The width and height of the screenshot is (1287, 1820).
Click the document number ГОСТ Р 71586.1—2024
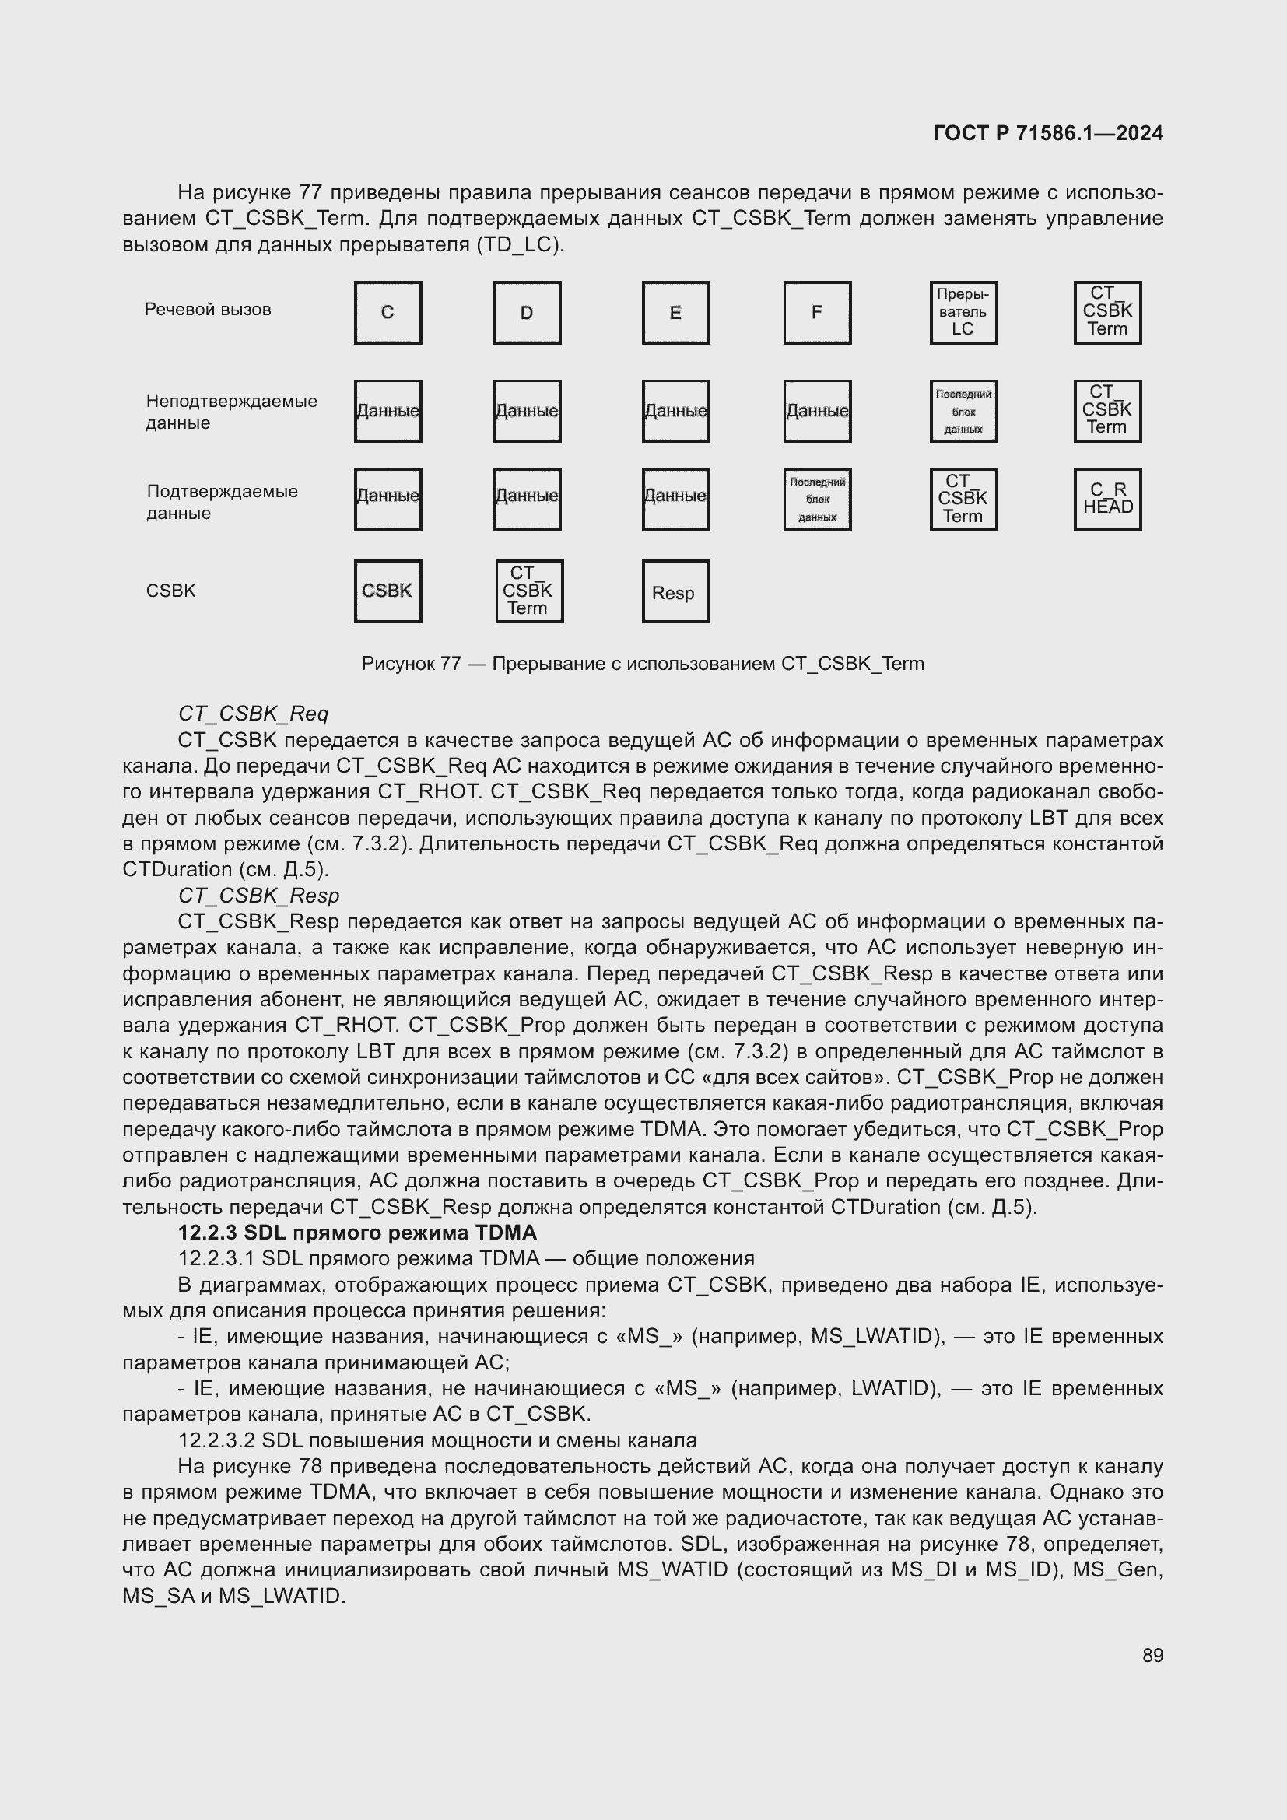(x=1047, y=133)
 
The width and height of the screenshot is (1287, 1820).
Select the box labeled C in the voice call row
(x=388, y=312)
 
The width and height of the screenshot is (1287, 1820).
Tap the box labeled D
(x=526, y=312)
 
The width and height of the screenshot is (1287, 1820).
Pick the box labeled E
(x=675, y=312)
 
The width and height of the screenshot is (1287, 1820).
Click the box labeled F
(x=817, y=312)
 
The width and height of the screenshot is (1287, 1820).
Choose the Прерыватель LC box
(x=963, y=312)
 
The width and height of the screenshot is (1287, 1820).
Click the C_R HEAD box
(x=1107, y=499)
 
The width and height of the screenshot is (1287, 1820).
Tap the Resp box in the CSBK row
(x=675, y=591)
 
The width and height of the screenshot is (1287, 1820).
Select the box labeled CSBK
(x=388, y=591)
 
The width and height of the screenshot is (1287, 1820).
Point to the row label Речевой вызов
(x=208, y=309)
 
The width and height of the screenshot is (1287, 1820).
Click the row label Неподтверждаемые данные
(x=230, y=412)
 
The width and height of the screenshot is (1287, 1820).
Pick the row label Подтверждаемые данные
(x=222, y=502)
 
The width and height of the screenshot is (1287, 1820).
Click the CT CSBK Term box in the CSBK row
(x=528, y=591)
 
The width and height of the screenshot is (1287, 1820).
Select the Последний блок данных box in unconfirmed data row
(x=963, y=412)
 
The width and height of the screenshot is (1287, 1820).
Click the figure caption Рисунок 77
(x=642, y=664)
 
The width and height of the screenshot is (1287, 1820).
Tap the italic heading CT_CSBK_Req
(x=253, y=714)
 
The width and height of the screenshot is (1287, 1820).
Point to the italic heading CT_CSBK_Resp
(x=258, y=895)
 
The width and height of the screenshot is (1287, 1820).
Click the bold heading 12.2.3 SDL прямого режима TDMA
(x=356, y=1232)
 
